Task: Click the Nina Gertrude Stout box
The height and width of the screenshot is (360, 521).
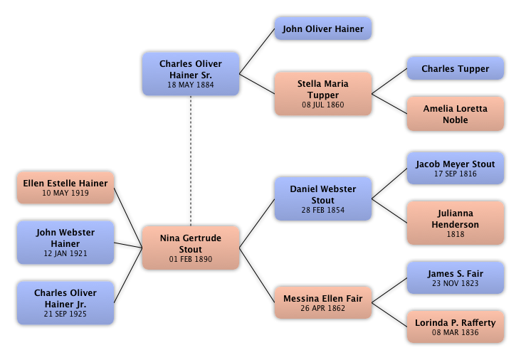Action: point(191,248)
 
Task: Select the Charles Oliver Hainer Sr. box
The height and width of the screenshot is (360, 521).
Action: point(190,73)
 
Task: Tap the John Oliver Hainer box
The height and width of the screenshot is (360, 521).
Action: point(322,29)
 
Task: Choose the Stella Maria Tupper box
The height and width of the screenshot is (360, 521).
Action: point(322,93)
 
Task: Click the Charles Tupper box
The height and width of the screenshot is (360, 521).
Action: point(455,69)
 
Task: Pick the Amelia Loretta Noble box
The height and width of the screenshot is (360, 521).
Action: point(455,114)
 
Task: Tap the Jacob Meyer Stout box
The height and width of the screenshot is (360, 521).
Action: point(455,168)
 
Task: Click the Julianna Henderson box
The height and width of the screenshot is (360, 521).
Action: point(455,223)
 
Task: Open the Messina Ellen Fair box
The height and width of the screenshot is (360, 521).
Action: point(322,302)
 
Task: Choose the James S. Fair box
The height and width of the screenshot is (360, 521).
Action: point(455,277)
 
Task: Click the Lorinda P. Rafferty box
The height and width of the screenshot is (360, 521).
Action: point(455,327)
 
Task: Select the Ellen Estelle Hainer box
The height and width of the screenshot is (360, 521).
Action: point(65,187)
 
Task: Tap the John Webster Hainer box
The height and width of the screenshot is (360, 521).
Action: point(65,243)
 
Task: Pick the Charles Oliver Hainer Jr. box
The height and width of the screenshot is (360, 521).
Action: point(65,302)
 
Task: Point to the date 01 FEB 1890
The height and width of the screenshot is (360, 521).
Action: point(191,260)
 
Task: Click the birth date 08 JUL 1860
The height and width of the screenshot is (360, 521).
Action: point(322,105)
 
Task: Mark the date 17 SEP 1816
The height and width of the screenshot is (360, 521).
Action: point(455,174)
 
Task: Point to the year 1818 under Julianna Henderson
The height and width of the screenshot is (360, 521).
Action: point(455,234)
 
